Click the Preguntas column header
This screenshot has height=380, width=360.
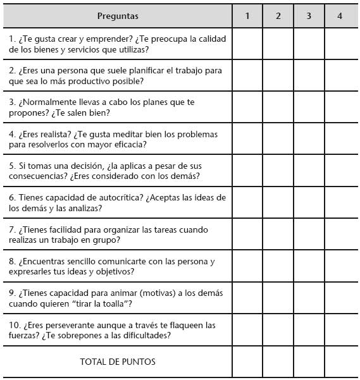click(x=118, y=16)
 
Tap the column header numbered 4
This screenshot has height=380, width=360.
click(x=340, y=16)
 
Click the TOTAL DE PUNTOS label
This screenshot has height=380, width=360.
click(x=118, y=362)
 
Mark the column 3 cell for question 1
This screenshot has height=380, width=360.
click(x=309, y=44)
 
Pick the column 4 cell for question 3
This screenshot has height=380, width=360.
click(x=340, y=107)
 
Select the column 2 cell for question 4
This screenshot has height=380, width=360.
click(x=278, y=139)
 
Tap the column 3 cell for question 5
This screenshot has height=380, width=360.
click(x=309, y=171)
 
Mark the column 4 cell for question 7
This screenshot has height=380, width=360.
click(x=340, y=235)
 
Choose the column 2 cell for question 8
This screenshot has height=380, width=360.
click(x=278, y=266)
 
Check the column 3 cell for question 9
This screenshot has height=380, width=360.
click(x=309, y=298)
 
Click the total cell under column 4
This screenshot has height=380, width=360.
click(x=340, y=362)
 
